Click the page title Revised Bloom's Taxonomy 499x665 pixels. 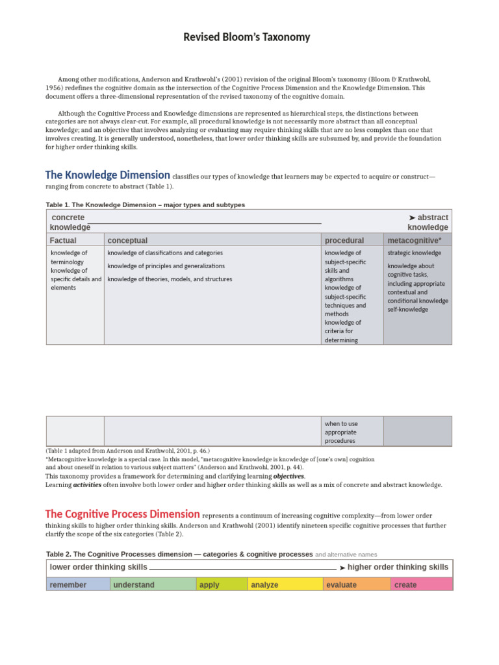pos(247,37)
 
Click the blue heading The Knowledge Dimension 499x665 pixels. pos(108,175)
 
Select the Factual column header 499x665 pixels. pos(63,240)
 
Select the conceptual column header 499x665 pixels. pos(127,240)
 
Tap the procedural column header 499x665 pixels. pos(344,240)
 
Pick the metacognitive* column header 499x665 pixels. pos(415,240)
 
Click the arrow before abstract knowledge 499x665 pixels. pos(412,218)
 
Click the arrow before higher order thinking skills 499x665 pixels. pos(342,568)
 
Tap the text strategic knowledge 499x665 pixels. pos(414,253)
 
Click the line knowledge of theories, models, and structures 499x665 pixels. pos(170,279)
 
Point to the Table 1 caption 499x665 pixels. pos(146,205)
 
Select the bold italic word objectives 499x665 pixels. pos(288,476)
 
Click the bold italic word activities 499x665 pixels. pos(86,484)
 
